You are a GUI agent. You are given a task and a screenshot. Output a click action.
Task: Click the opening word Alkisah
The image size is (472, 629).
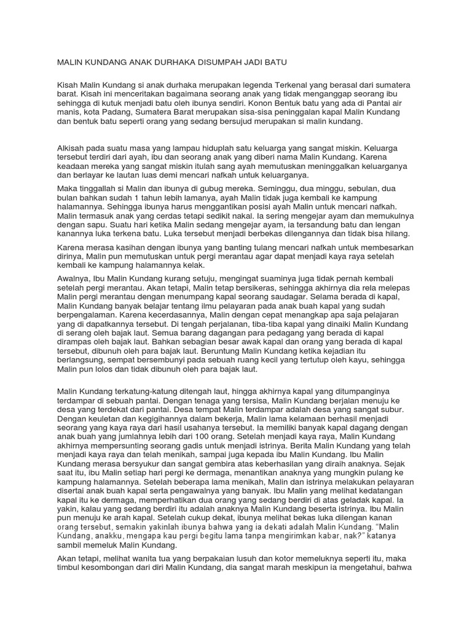[71, 148]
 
